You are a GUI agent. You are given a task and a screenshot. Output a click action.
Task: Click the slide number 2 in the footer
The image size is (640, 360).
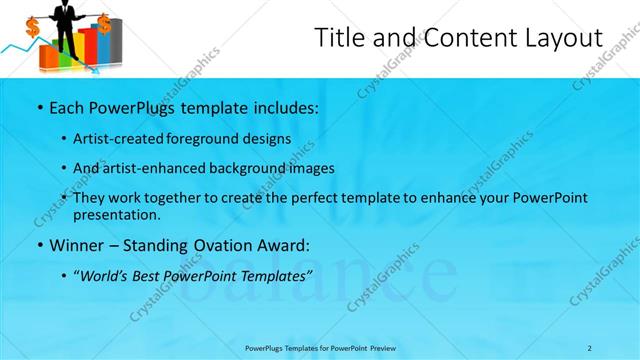pos(589,348)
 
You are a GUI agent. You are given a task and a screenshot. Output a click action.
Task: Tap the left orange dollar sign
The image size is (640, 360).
pos(33,27)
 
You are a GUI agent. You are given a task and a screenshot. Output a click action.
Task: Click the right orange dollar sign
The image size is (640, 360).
pos(104,20)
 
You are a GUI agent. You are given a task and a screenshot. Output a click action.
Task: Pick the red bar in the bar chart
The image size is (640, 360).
pos(88,48)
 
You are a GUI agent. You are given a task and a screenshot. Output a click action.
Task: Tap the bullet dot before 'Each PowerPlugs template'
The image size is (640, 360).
pos(39,107)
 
